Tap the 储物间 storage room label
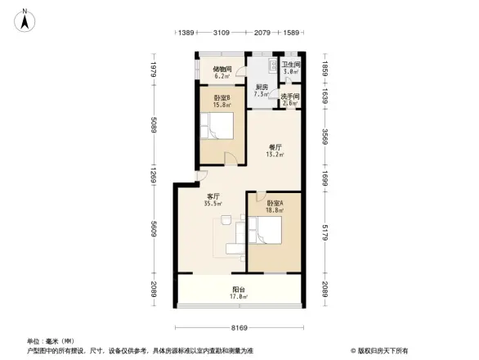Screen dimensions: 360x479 [222, 70]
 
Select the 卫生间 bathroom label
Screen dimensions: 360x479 [290, 65]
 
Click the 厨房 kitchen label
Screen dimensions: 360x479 [262, 88]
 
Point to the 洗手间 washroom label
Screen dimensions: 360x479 [290, 97]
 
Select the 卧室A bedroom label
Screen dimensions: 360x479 [274, 203]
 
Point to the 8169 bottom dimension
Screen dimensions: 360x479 [238, 328]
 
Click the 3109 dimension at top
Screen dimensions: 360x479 [221, 33]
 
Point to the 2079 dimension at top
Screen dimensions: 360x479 [262, 33]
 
